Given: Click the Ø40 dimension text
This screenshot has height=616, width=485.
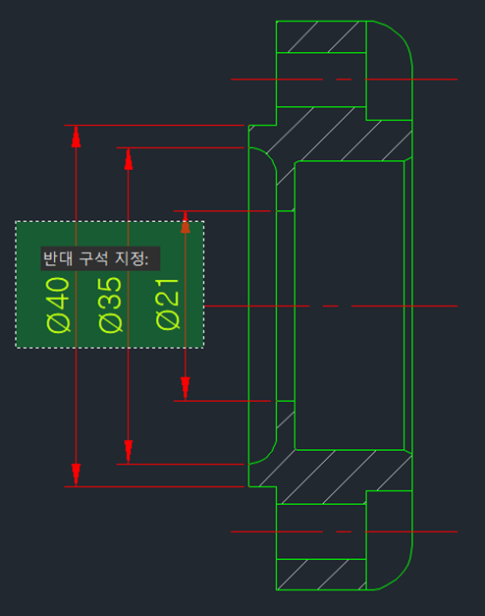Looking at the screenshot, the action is (x=59, y=305).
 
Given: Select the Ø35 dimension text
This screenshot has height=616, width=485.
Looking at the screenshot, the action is (x=110, y=305).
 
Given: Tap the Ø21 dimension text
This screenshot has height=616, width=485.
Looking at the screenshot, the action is (x=167, y=305).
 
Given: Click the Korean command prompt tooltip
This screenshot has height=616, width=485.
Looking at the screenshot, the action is (x=100, y=258).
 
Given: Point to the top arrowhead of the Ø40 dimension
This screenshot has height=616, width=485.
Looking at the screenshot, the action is (x=76, y=137).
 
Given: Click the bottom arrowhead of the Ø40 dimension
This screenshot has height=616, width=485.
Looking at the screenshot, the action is (x=76, y=475).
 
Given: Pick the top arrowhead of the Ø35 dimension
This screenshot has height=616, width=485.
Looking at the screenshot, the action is (x=128, y=159).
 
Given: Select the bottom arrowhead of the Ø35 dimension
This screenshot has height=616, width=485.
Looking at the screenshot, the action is (x=128, y=452).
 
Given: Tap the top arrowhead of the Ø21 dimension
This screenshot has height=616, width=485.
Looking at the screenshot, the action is (x=186, y=222).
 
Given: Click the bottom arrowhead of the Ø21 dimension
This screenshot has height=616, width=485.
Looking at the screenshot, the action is (x=186, y=389).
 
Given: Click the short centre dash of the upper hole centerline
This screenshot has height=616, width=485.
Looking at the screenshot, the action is (x=344, y=80).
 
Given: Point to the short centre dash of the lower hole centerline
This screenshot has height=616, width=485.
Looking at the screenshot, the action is (x=344, y=532).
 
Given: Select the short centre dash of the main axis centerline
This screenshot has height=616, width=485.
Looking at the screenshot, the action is (x=330, y=306).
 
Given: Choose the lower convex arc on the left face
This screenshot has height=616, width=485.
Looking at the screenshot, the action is (x=269, y=455).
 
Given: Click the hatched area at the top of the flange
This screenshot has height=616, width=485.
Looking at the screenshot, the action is (x=321, y=36).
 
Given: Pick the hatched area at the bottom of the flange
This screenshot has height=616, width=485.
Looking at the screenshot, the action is (x=321, y=575).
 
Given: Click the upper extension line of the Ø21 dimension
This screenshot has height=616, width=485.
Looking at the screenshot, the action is (x=222, y=211).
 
